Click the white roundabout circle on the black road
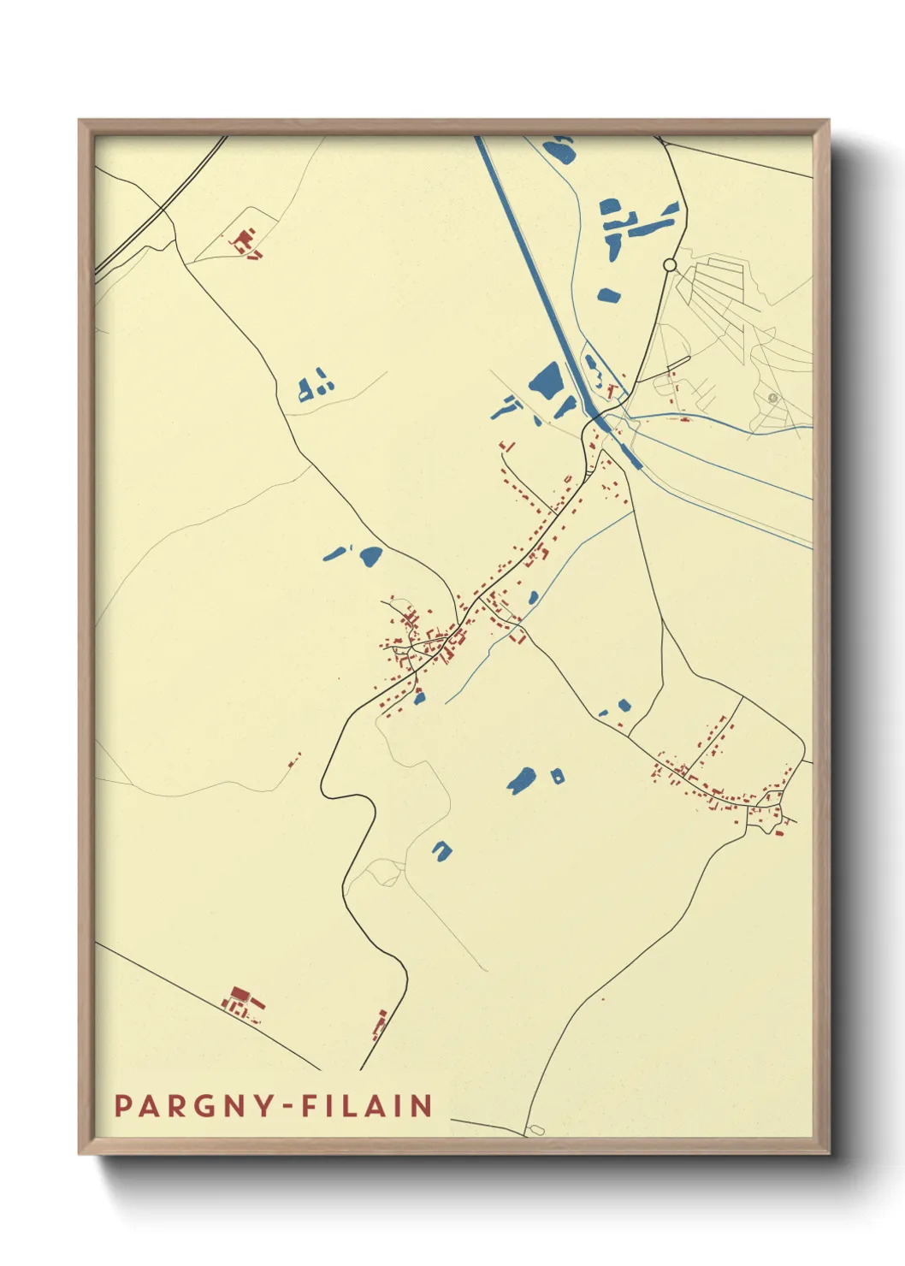[x=670, y=265]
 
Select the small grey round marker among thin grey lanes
[x=772, y=398]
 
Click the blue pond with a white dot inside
[x=558, y=777]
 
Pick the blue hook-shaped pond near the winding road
[x=442, y=850]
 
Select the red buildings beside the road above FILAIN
[x=379, y=1024]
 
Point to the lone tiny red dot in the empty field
[x=603, y=998]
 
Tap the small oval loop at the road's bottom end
[x=536, y=1130]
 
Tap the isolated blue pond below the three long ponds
[x=608, y=295]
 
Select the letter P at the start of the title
[x=121, y=1106]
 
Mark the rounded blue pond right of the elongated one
[x=370, y=556]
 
